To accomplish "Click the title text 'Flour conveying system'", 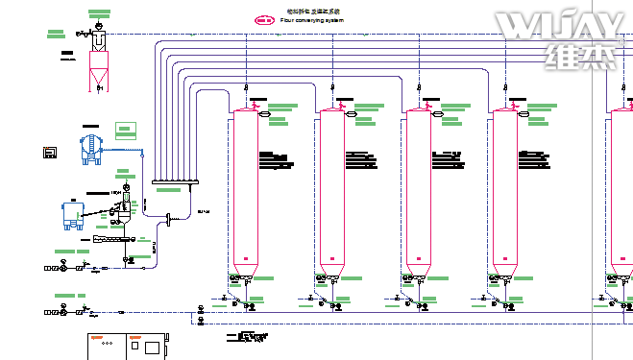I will (311, 19).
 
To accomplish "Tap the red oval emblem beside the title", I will (263, 18).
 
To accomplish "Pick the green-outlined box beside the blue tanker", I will (124, 131).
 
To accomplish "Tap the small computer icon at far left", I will (51, 152).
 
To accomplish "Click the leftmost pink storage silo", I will (245, 192).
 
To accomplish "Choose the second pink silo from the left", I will (331, 192).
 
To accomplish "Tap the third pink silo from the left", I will (418, 192).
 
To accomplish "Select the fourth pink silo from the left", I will (504, 192).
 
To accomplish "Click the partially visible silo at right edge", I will (621, 192).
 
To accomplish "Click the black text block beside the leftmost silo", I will (274, 156).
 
